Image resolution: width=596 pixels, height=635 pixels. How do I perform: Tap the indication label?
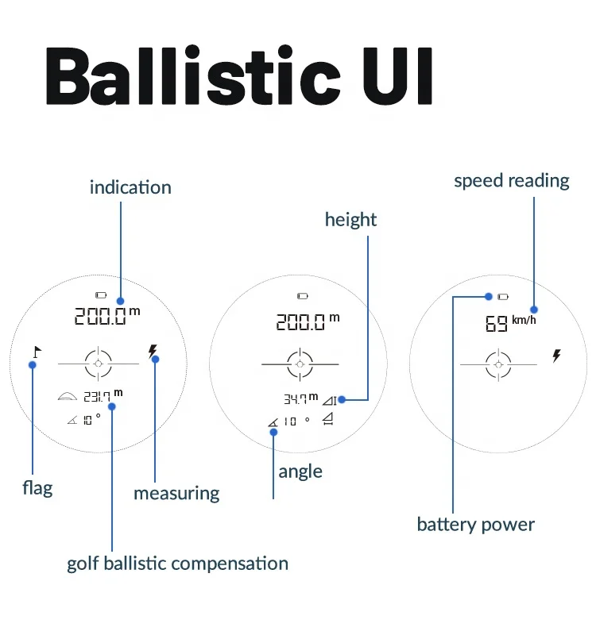130,187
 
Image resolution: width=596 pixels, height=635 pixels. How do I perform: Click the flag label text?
37,487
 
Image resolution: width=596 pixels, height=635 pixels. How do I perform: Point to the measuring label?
176,493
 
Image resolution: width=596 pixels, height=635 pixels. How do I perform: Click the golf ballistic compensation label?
177,564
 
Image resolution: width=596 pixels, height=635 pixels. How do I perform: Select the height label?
350,219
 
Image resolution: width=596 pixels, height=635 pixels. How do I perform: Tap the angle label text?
300,471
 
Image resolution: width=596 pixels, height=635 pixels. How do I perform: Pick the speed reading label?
512,180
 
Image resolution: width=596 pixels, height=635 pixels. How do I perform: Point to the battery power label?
476,525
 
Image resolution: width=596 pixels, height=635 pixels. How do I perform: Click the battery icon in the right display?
502,297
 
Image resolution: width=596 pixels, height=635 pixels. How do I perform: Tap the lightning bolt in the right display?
556,356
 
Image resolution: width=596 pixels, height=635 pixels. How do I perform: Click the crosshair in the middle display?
300,364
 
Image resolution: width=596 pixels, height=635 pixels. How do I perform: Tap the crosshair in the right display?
498,364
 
